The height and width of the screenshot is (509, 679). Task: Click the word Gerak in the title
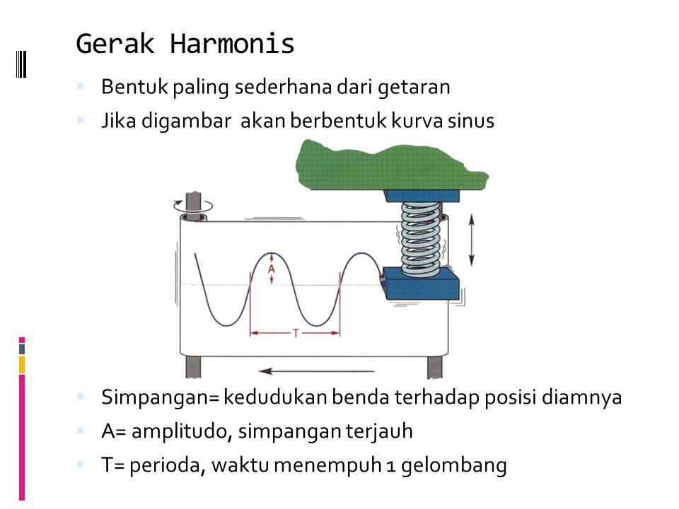(x=116, y=44)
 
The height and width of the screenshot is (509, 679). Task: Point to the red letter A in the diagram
(x=271, y=269)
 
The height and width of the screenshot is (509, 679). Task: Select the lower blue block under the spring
(x=420, y=284)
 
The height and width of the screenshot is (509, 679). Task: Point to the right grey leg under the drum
(x=434, y=367)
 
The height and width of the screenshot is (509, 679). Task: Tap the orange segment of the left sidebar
(x=22, y=365)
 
